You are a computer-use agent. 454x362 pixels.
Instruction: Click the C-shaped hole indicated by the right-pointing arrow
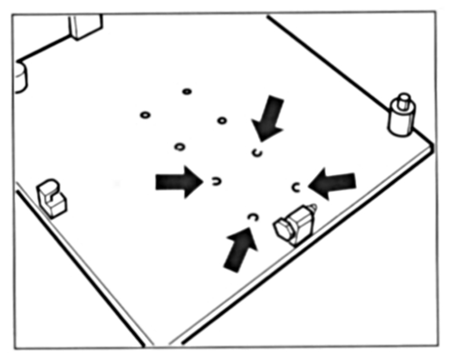coord(217,181)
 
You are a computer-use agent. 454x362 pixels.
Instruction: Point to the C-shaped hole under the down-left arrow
coord(257,152)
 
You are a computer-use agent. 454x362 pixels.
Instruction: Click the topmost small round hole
coord(187,91)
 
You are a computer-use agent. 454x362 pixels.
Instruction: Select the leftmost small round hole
coord(145,115)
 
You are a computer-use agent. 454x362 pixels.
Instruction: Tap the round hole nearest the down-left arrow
coord(222,120)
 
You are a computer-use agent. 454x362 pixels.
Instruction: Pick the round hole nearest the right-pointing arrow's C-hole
coord(180,147)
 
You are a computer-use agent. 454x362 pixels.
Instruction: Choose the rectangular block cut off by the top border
coord(86,26)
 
